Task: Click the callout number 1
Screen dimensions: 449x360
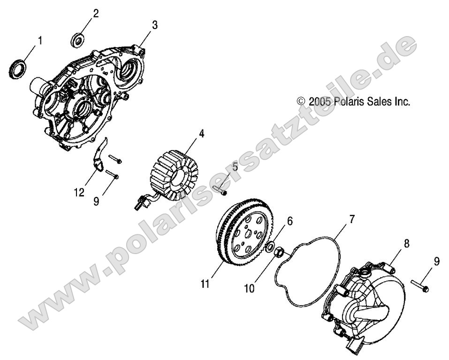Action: click(x=39, y=41)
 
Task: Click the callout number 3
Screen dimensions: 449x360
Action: click(x=154, y=25)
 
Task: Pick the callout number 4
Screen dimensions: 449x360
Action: click(x=201, y=134)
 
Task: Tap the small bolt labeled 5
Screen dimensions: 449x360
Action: click(x=219, y=190)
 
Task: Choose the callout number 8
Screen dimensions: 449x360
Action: click(x=406, y=243)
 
